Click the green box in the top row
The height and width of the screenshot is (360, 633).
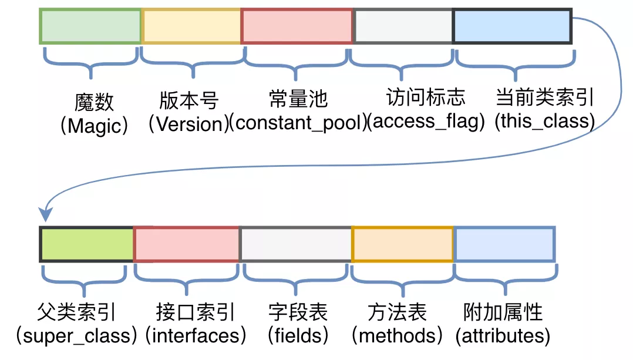(90, 26)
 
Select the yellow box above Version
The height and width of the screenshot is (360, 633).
(191, 26)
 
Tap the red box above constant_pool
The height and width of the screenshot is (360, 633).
(297, 26)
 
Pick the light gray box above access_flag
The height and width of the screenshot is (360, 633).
(403, 26)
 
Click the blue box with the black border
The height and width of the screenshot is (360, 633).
(513, 26)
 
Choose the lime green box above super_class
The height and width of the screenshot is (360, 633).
(87, 244)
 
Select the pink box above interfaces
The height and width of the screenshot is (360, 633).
(187, 244)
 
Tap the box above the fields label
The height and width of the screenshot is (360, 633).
(296, 244)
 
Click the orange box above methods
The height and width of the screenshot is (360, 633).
(403, 244)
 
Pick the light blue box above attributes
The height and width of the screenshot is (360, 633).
(505, 244)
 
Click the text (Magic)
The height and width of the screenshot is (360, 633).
(94, 126)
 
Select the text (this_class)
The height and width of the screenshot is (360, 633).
(544, 122)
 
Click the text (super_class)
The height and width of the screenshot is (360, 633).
(77, 336)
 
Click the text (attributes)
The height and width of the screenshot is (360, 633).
(503, 336)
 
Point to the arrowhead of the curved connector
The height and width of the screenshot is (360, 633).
(44, 216)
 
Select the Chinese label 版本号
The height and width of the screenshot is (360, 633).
(189, 100)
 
